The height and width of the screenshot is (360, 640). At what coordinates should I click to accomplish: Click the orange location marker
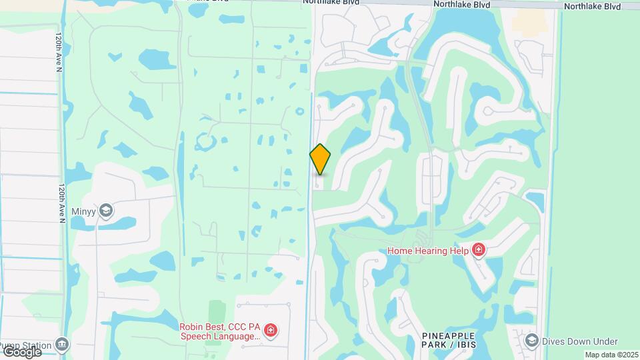[321, 159]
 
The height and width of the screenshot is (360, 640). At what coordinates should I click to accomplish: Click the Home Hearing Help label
[429, 251]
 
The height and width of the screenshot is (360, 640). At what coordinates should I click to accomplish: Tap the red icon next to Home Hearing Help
[478, 250]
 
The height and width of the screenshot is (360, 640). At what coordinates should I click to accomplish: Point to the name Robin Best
[200, 327]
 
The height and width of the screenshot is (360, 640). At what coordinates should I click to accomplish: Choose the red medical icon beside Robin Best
[271, 331]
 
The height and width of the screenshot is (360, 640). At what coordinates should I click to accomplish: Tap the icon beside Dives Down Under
[531, 341]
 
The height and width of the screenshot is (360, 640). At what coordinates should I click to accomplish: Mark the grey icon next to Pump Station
[62, 345]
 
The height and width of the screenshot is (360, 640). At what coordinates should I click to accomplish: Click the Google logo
[21, 351]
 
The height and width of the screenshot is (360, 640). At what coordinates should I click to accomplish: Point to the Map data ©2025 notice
[611, 355]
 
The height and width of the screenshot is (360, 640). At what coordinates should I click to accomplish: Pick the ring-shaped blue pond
[204, 141]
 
